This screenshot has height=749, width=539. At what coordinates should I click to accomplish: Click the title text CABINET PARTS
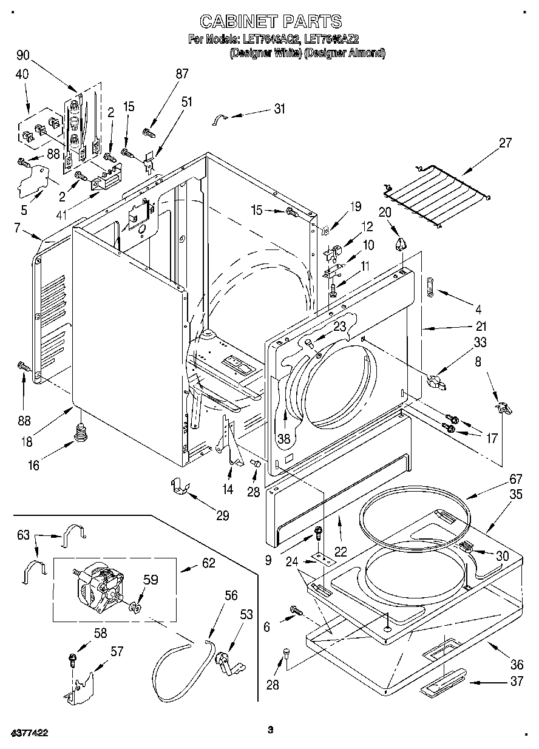(271, 22)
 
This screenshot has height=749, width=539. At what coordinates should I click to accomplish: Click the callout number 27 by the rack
(504, 144)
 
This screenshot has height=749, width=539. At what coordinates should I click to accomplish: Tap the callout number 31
(279, 109)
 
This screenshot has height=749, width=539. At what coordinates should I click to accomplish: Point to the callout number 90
(23, 55)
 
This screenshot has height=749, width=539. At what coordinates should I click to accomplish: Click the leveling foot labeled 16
(80, 434)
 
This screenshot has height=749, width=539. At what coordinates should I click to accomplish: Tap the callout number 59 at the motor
(150, 580)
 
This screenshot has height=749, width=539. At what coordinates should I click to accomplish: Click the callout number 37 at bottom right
(516, 681)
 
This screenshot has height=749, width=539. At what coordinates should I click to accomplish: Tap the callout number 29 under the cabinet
(223, 515)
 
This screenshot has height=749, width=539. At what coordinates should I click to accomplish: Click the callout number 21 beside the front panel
(481, 325)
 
